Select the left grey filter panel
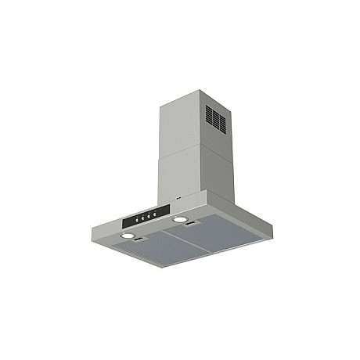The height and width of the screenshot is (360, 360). click(x=153, y=251)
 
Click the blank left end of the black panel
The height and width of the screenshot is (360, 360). click(x=126, y=220)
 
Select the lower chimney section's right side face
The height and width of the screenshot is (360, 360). click(x=219, y=168)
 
